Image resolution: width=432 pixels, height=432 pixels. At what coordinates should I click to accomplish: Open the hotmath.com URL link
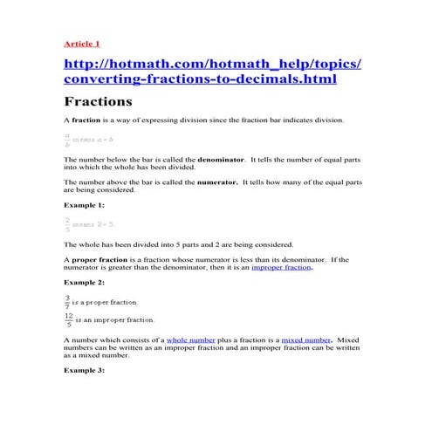tap(212, 71)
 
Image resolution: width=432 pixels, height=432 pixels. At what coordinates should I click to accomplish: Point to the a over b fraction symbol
tap(67, 140)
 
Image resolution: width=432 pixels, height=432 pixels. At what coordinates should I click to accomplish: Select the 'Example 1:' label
tap(84, 204)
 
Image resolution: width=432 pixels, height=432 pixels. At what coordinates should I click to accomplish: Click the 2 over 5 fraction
tap(67, 224)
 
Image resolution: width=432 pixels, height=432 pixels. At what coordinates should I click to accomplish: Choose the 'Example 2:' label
tap(84, 284)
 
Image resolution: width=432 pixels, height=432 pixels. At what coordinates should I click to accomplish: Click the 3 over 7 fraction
tap(67, 301)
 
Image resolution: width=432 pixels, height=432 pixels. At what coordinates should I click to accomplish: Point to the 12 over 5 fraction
tap(68, 319)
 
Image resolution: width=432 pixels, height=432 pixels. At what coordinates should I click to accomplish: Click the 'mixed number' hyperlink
tap(305, 339)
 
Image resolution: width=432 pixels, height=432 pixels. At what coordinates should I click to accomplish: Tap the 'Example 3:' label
tap(84, 370)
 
